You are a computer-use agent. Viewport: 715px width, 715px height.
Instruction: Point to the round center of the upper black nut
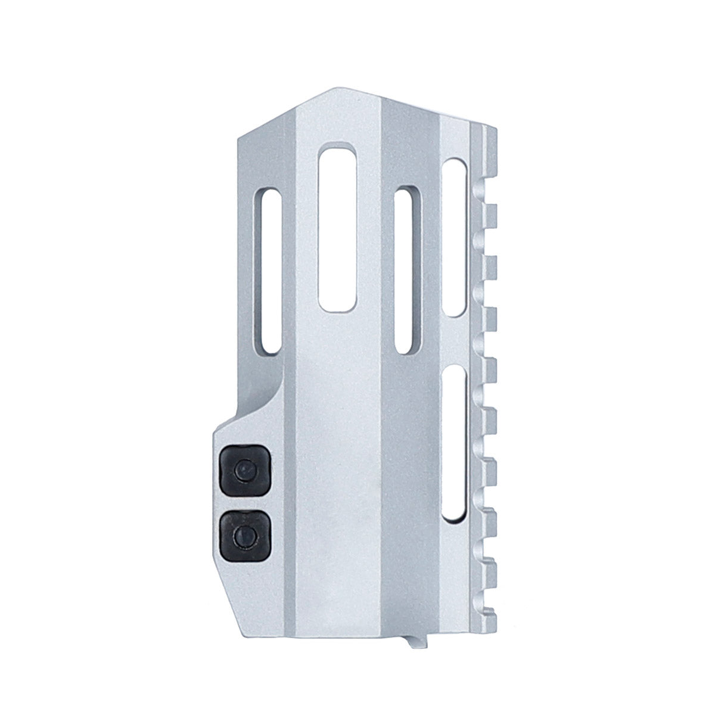[242, 471]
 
